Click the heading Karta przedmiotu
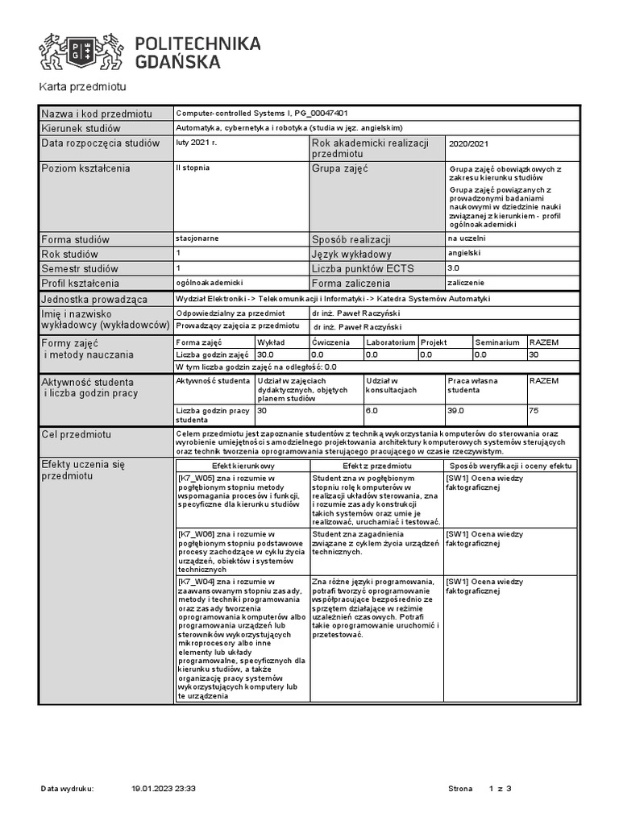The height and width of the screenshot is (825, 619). (83, 87)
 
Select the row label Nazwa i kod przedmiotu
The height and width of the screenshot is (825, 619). (96, 114)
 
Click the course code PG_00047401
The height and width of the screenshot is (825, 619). (322, 114)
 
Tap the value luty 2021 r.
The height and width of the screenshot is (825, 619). (196, 142)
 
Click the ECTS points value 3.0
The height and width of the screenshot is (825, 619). (453, 267)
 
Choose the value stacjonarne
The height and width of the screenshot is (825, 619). (197, 238)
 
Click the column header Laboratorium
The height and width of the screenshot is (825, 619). (390, 342)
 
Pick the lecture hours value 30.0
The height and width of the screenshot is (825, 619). (265, 354)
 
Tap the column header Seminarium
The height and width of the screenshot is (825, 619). (497, 342)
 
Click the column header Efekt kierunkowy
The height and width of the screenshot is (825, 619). (243, 466)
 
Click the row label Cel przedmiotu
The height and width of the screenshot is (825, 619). (76, 435)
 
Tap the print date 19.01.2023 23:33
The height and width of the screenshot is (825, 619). (164, 789)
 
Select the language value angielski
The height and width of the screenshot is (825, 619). (463, 252)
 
